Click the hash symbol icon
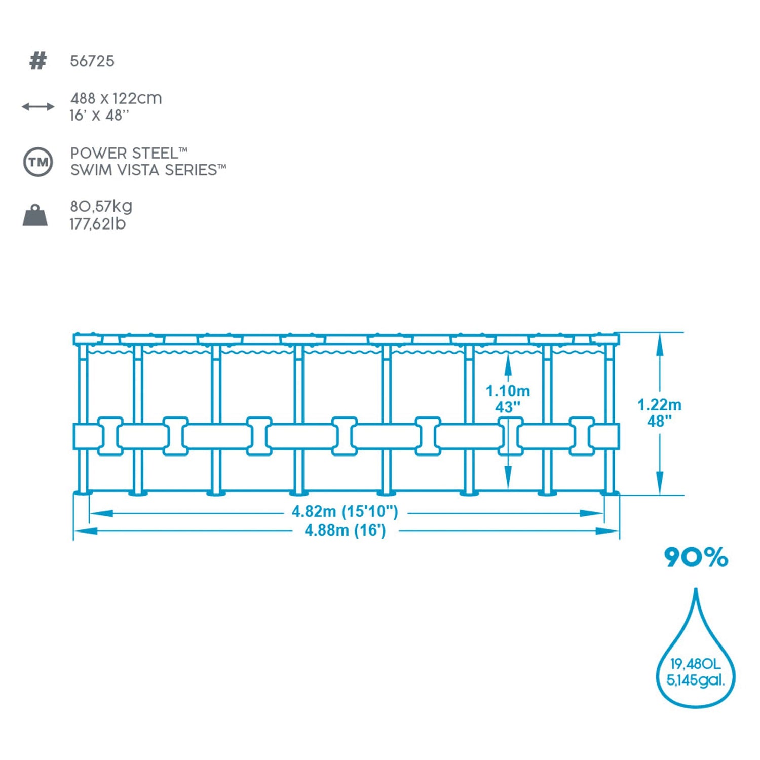point(38,61)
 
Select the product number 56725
point(92,61)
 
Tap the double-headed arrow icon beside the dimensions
point(38,107)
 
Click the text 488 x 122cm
point(116,98)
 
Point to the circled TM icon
point(38,162)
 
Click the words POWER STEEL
point(124,153)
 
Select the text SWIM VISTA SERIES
point(144,170)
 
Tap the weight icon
point(35,215)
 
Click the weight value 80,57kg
point(101,207)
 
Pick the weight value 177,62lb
point(98,224)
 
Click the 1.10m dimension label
point(508,391)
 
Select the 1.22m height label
point(659,405)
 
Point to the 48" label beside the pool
point(659,421)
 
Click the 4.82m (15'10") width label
point(345,511)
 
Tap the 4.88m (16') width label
point(345,530)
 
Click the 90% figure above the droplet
point(696,557)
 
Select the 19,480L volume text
point(695,664)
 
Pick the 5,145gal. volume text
point(695,680)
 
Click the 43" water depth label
point(508,407)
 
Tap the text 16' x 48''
point(99,116)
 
